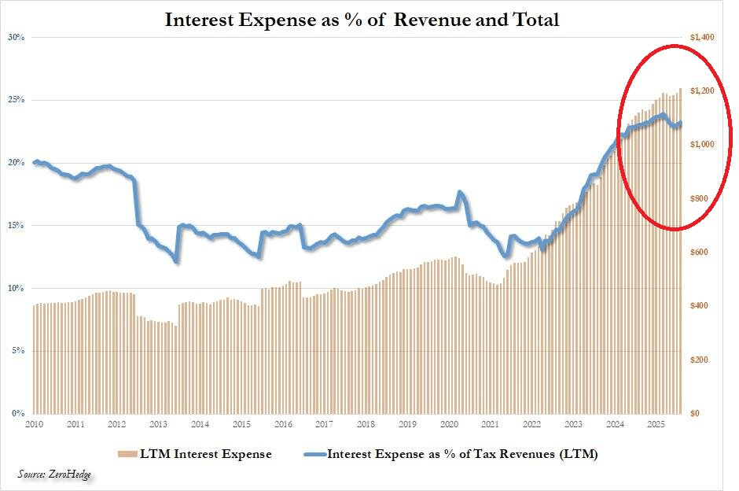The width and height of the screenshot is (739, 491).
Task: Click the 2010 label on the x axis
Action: tap(35, 425)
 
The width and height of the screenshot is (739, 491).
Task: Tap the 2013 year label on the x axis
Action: tap(158, 425)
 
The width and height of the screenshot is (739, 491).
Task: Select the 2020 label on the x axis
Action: tap(448, 425)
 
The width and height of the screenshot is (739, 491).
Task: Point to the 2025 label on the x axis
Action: tap(655, 425)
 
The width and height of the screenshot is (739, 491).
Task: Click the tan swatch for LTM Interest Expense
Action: tap(124, 454)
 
